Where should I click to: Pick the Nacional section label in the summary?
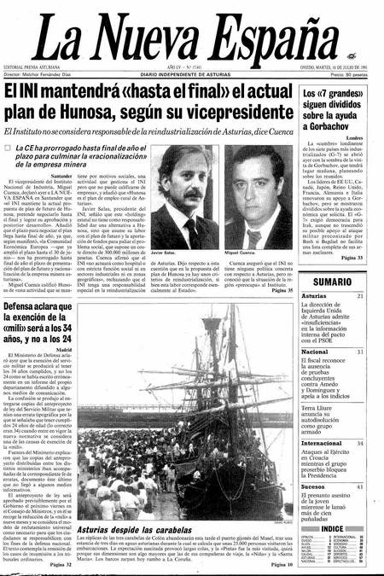[x=316, y=352]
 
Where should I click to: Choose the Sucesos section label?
[x=315, y=486]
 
